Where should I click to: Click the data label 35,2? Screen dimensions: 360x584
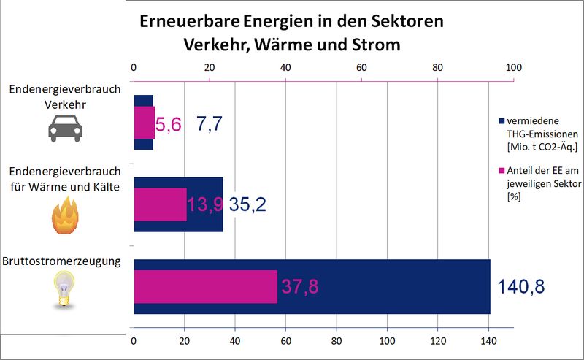click(247, 205)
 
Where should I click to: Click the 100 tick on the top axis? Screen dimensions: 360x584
click(513, 67)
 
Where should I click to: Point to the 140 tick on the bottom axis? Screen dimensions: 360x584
click(488, 341)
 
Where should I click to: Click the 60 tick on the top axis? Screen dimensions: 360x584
click(361, 67)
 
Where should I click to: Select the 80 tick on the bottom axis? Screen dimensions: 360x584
click(336, 341)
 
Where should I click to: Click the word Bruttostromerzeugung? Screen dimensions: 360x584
click(61, 260)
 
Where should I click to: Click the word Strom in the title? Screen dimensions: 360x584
click(374, 44)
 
